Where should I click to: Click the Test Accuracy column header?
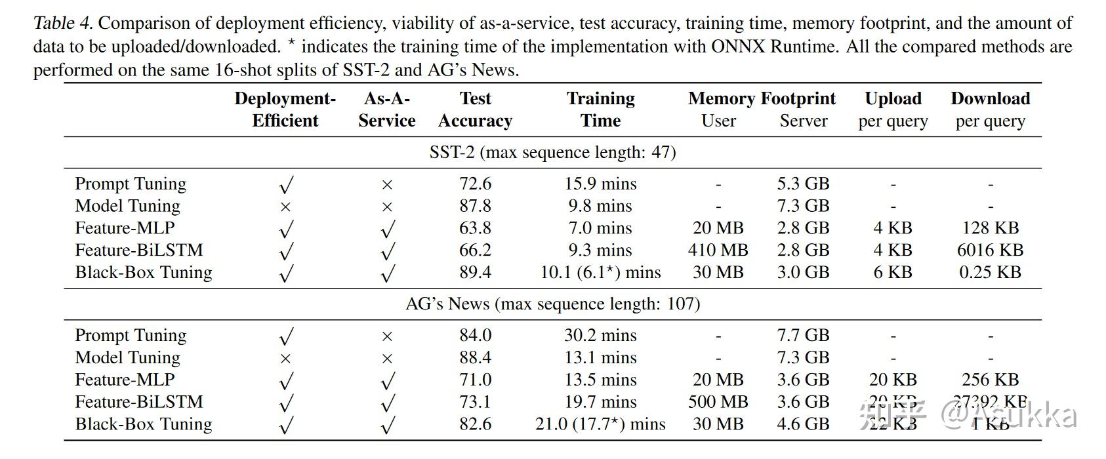point(475,110)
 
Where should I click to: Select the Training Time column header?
point(600,110)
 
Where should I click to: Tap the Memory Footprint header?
point(762,98)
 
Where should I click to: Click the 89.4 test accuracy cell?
point(475,272)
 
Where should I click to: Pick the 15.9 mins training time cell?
point(600,184)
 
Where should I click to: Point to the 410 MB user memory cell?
point(718,250)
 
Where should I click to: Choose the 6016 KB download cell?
point(990,250)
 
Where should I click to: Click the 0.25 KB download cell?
point(990,272)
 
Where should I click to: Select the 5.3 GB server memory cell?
point(803,184)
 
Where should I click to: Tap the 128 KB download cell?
point(990,228)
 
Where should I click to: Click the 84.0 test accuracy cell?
point(475,335)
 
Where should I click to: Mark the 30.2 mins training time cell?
point(600,335)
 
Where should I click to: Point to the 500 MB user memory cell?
point(718,401)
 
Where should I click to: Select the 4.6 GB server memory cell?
point(803,424)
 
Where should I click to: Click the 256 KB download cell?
point(990,379)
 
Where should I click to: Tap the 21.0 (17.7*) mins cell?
point(600,424)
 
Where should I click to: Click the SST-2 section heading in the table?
point(552,152)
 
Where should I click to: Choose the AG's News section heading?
point(552,304)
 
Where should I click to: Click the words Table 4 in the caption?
point(63,24)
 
